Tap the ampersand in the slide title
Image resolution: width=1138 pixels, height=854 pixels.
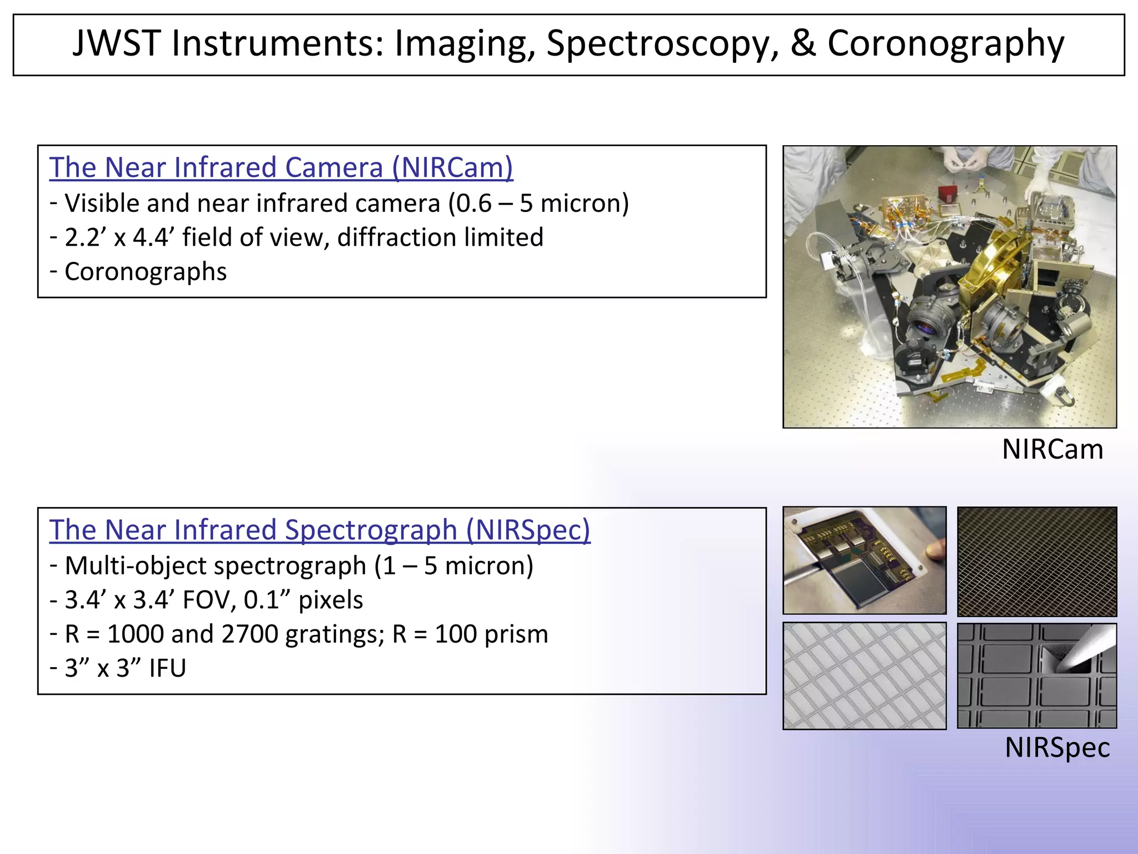pyautogui.click(x=802, y=43)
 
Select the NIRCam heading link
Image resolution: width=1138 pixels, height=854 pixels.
pyautogui.click(x=281, y=167)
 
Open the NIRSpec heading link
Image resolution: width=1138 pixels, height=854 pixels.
pyautogui.click(x=320, y=530)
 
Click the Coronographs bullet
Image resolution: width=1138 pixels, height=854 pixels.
pyautogui.click(x=146, y=272)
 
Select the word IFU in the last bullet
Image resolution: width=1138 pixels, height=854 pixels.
pyautogui.click(x=167, y=668)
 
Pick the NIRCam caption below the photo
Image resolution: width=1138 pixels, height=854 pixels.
pyautogui.click(x=1052, y=449)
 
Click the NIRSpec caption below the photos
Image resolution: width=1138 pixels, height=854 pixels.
pyautogui.click(x=1056, y=747)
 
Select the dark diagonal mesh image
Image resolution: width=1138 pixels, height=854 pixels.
pyautogui.click(x=1036, y=561)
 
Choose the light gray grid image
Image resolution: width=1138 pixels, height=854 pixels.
pyautogui.click(x=864, y=676)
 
